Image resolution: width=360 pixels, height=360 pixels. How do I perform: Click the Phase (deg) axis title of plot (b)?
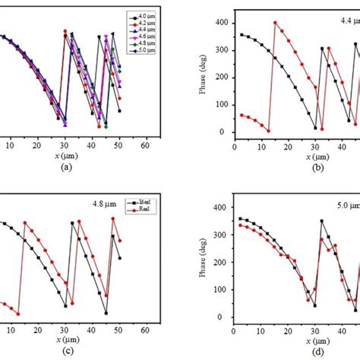(203, 74)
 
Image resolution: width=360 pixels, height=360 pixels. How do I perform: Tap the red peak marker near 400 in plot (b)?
(275, 23)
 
